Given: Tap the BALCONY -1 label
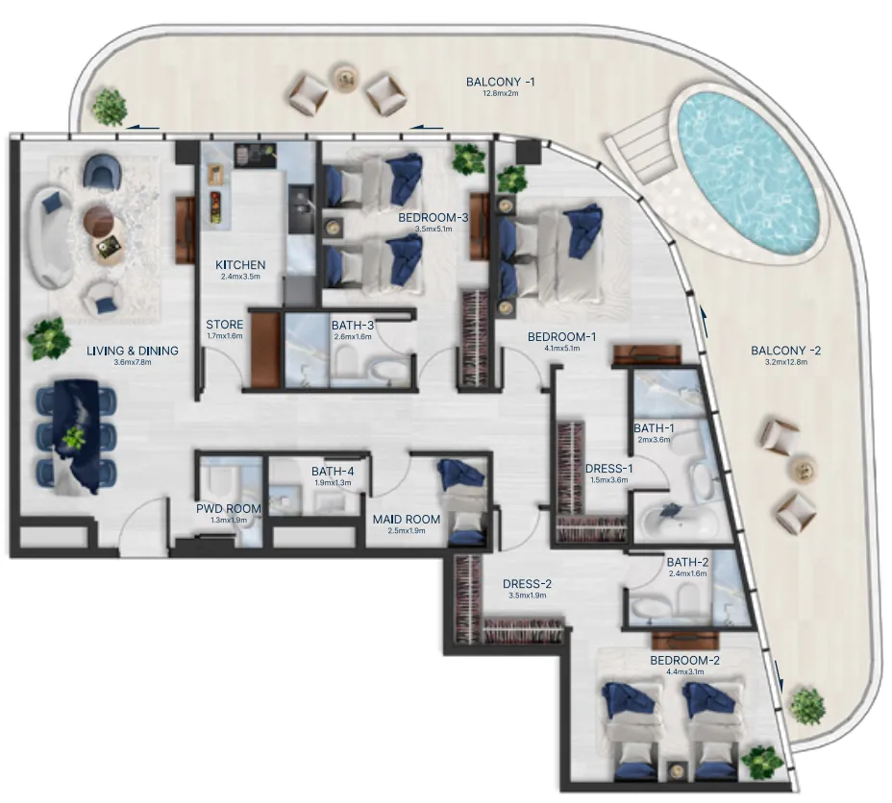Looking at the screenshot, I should (500, 83).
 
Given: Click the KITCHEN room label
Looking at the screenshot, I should (240, 265).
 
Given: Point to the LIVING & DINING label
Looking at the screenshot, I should (119, 351).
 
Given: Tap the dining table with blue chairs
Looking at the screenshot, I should (75, 437).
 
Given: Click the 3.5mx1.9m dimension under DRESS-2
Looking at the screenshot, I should (527, 596).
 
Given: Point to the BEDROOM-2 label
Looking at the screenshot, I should (683, 661).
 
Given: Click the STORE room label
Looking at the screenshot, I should (224, 325).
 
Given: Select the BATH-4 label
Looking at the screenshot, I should (333, 471).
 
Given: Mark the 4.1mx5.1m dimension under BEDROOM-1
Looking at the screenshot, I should (561, 350).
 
